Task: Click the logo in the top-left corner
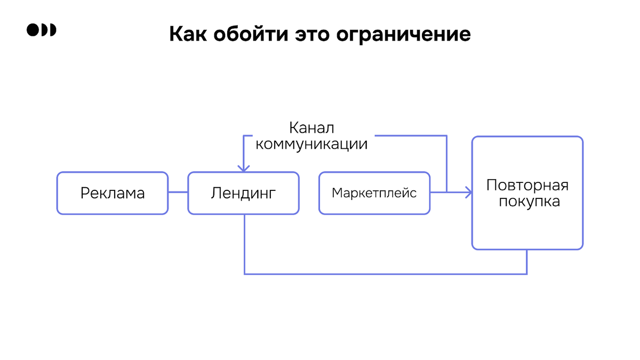pyautogui.click(x=41, y=30)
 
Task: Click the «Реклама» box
pyautogui.click(x=113, y=193)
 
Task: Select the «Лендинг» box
pyautogui.click(x=244, y=193)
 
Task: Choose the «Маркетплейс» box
pyautogui.click(x=374, y=193)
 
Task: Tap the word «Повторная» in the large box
pyautogui.click(x=527, y=185)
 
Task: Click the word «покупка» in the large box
pyautogui.click(x=527, y=202)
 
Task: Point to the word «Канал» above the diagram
pyautogui.click(x=311, y=128)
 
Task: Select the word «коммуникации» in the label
pyautogui.click(x=311, y=144)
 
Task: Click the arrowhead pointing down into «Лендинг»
pyautogui.click(x=244, y=168)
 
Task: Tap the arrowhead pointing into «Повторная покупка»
pyautogui.click(x=468, y=193)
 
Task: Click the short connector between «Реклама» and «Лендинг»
pyautogui.click(x=178, y=193)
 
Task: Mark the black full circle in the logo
pyautogui.click(x=33, y=30)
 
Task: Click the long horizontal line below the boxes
pyautogui.click(x=384, y=274)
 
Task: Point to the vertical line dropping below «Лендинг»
pyautogui.click(x=244, y=245)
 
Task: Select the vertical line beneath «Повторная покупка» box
pyautogui.click(x=527, y=262)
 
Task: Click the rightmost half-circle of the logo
pyautogui.click(x=52, y=30)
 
